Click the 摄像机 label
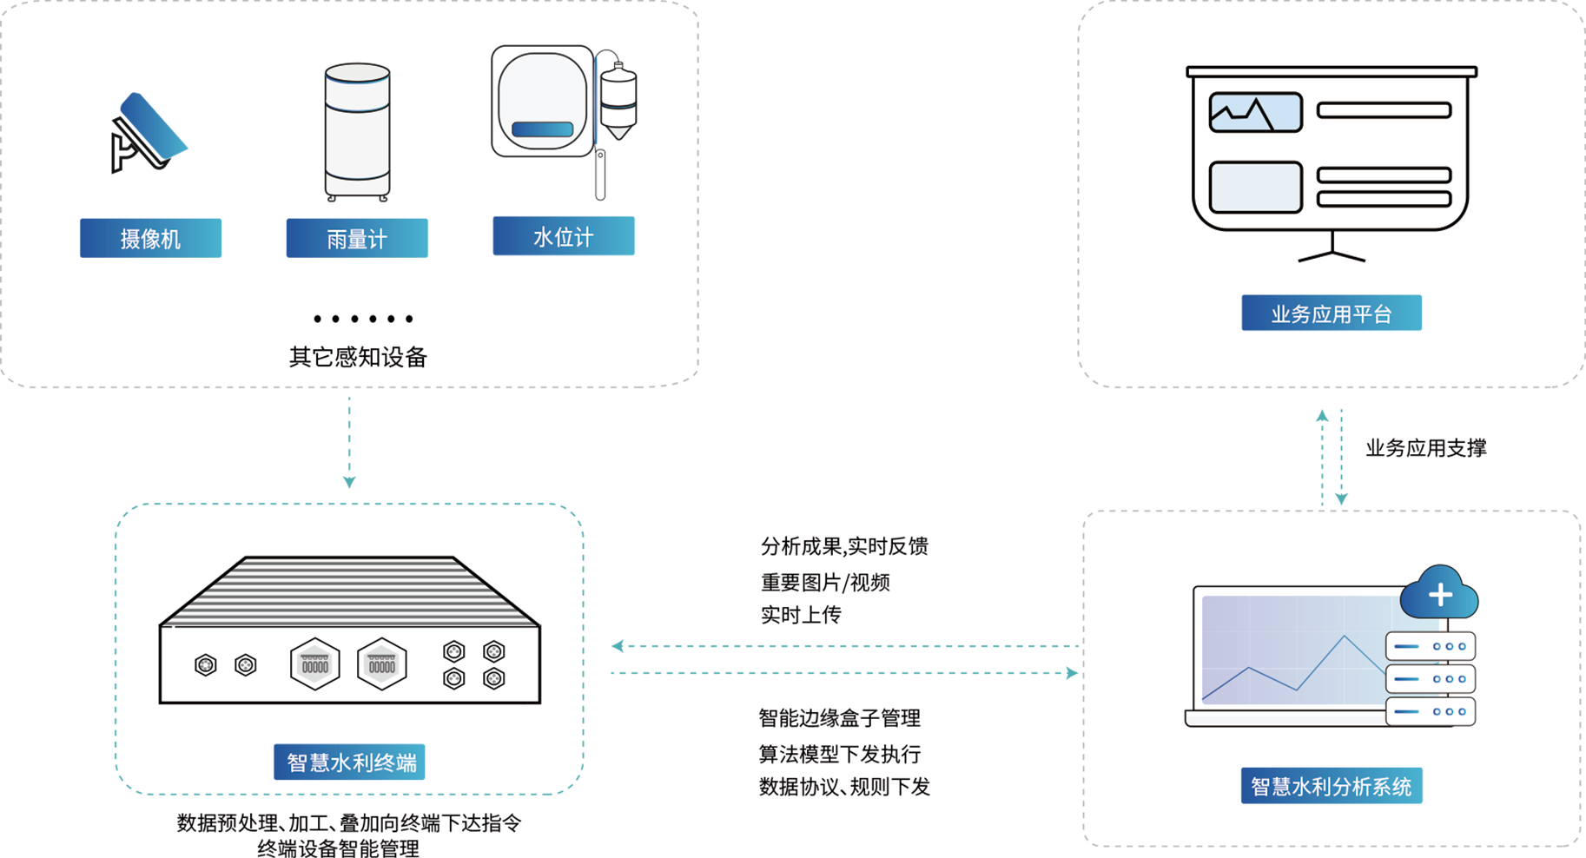coord(150,240)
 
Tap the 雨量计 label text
coord(357,240)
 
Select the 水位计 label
coord(563,238)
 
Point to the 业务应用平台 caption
coord(1331,314)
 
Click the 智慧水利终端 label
coord(352,762)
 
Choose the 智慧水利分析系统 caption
coord(1331,787)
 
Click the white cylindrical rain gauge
coord(357,130)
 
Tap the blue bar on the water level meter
coord(542,129)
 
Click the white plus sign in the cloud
coord(1440,595)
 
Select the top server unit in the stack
coord(1430,647)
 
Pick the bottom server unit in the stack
coord(1430,711)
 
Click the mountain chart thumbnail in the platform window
coord(1255,112)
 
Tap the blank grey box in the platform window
coord(1255,187)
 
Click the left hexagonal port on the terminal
coord(314,664)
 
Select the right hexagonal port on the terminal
coord(381,664)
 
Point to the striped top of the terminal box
coord(350,591)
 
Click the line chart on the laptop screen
coord(1294,669)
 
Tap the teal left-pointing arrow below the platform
coord(1312,450)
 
